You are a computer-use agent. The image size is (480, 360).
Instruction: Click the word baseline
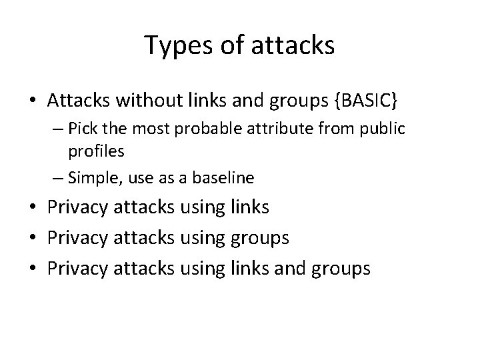[222, 177]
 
